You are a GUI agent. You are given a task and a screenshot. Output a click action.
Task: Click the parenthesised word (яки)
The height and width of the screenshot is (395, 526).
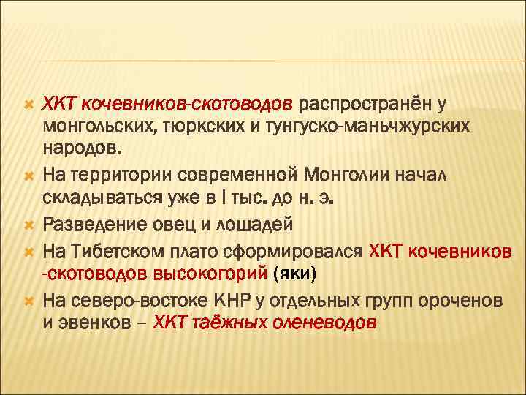(294, 274)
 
